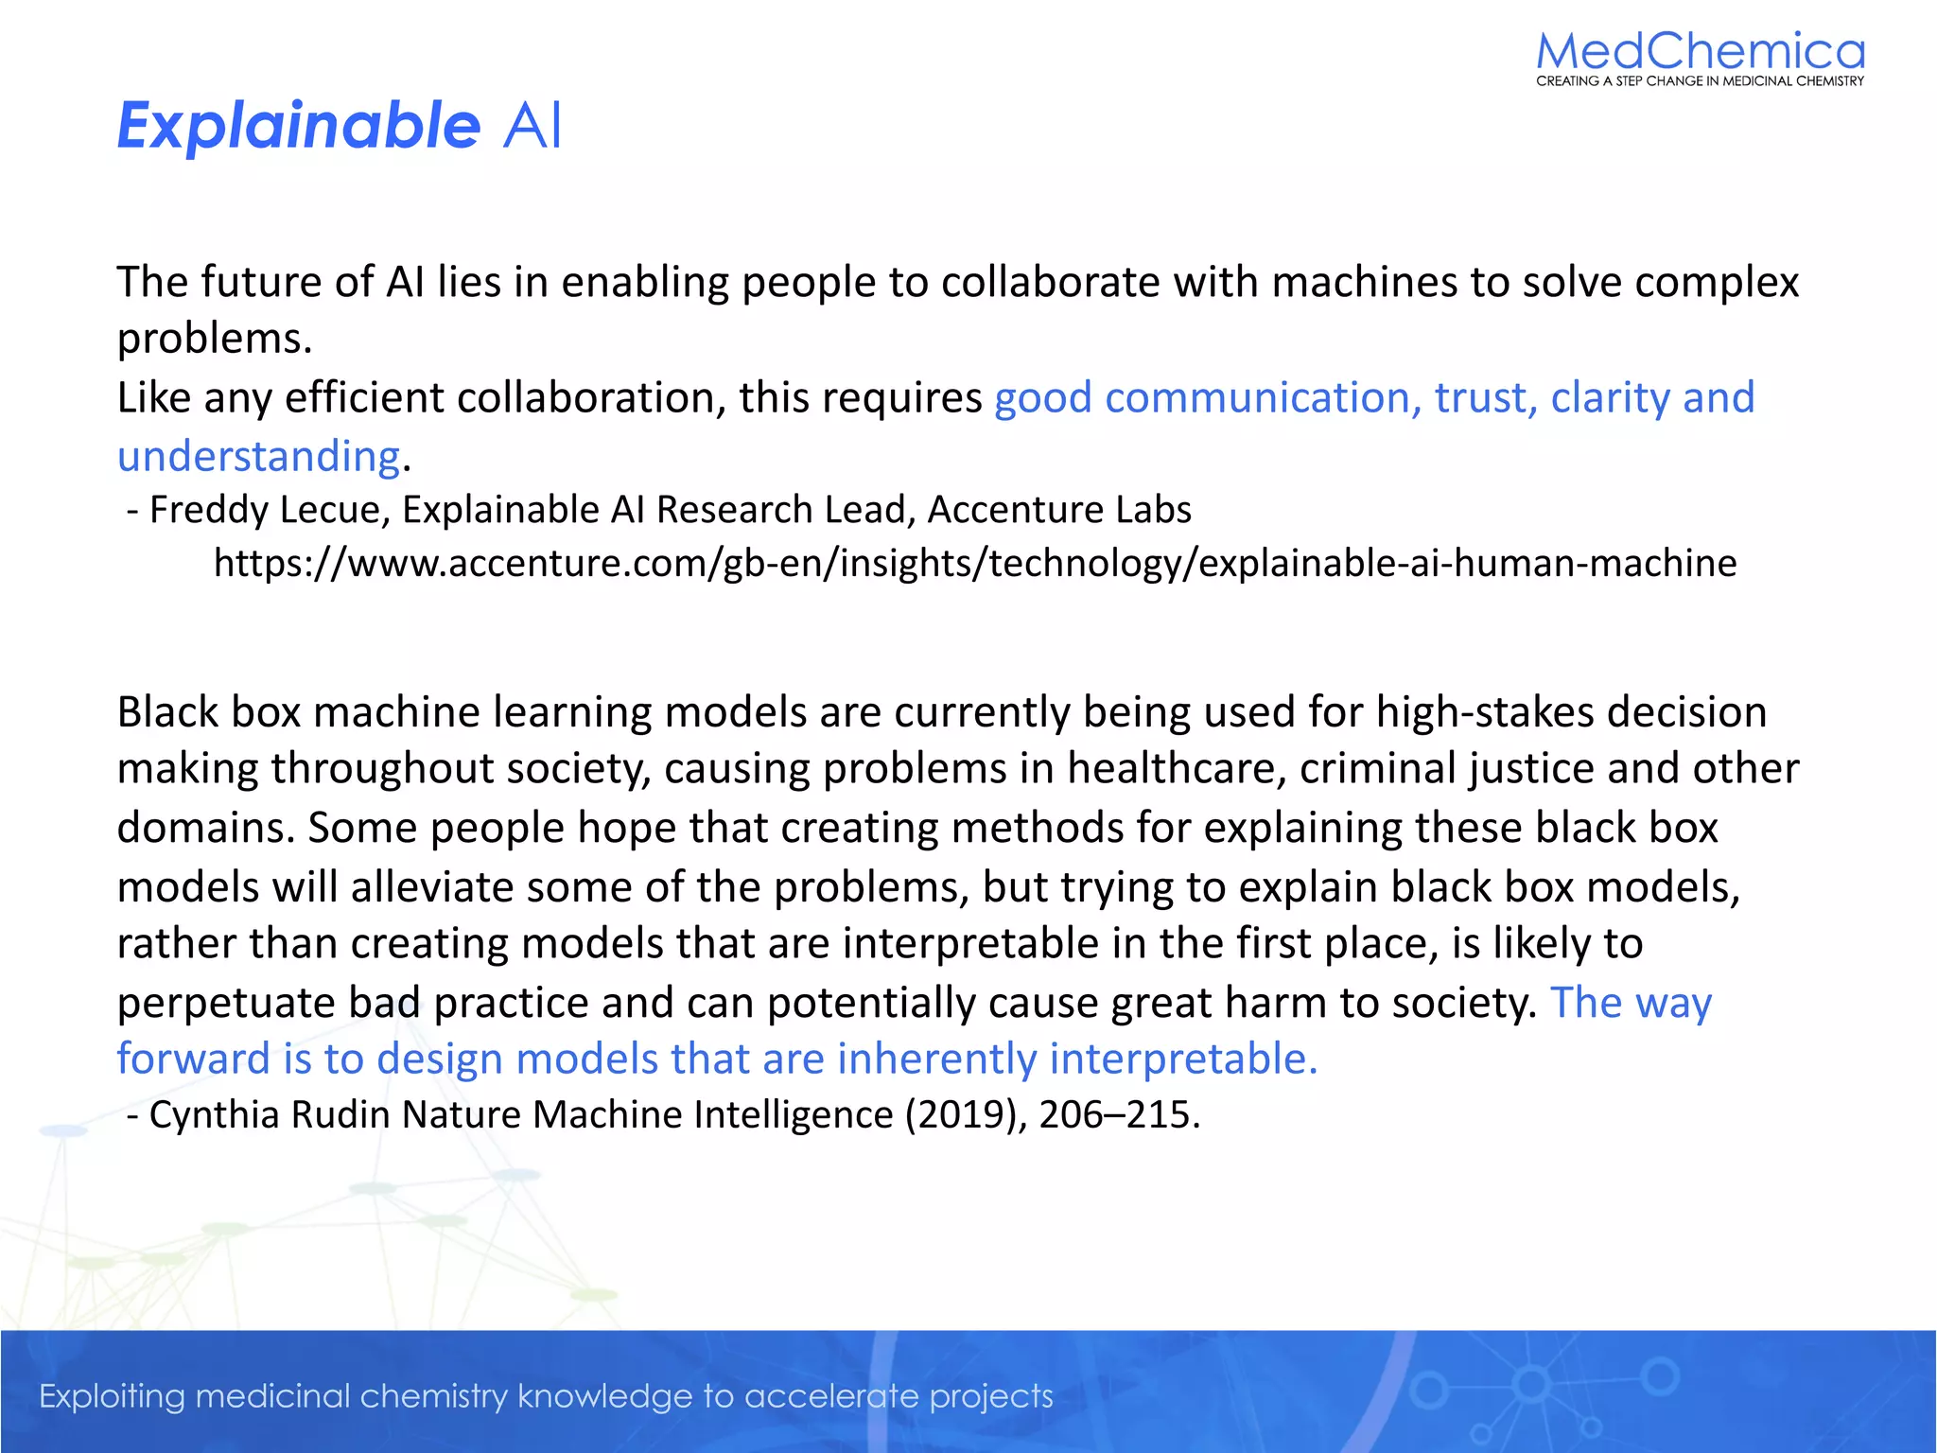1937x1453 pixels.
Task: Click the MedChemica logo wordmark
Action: tap(1700, 51)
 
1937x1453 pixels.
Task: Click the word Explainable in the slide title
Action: tap(298, 126)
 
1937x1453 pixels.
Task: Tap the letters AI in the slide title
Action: tap(532, 126)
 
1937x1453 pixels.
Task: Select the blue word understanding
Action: tap(258, 457)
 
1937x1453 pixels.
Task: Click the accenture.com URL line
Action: tap(974, 564)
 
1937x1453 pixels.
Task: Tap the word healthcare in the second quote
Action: tap(1177, 769)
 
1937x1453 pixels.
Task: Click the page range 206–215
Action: tap(1119, 1115)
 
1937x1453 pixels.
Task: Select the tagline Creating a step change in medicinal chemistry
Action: tap(1700, 81)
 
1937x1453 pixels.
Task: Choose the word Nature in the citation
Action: tap(462, 1115)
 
